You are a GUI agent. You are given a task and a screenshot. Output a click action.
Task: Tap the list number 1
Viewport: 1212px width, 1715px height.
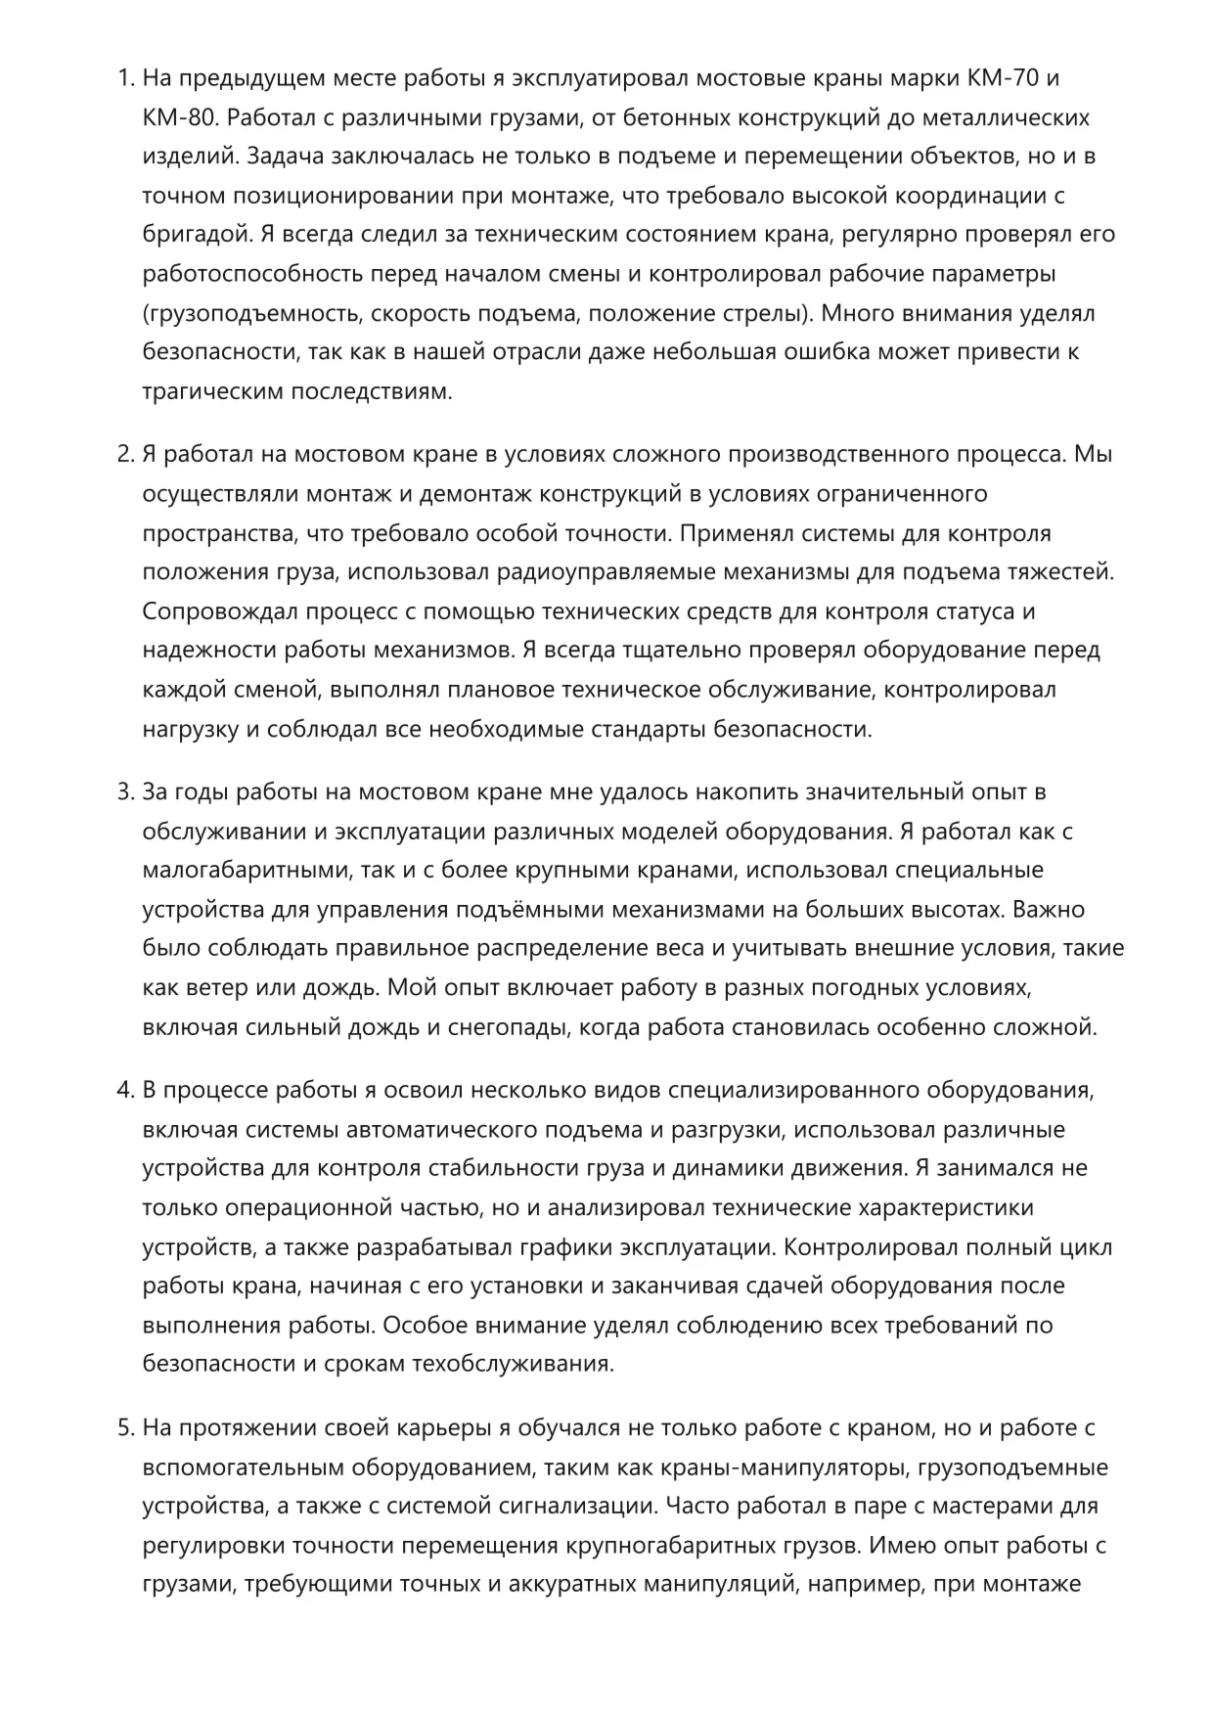[124, 78]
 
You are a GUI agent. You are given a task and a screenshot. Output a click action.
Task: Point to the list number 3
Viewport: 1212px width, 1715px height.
[124, 791]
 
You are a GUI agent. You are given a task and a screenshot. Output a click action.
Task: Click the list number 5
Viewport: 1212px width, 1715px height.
[124, 1428]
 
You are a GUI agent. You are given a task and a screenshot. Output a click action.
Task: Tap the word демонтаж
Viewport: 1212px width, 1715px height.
[468, 493]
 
